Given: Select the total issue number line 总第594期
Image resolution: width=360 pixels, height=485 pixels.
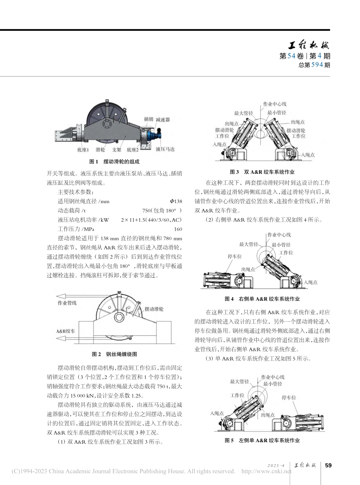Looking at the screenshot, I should coord(314,65).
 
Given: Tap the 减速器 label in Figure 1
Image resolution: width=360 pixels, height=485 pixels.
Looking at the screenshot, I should coord(162,119).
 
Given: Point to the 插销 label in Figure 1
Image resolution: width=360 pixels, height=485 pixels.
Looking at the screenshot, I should coord(149,119).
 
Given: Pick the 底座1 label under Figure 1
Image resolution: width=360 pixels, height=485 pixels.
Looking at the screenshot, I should coord(83,150).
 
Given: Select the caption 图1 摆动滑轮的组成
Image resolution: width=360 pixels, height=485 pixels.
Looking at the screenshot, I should coord(114,161).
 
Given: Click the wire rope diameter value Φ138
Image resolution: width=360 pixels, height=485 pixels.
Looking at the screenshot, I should coord(176,201).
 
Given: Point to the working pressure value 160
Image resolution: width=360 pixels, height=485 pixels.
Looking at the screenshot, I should coord(178,229).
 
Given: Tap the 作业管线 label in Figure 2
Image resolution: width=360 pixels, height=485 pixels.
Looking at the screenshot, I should coord(67,303).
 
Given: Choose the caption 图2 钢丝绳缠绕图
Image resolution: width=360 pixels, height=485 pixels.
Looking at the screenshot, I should coord(114,354).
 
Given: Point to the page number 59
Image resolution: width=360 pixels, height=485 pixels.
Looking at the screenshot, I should coord(328,466).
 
